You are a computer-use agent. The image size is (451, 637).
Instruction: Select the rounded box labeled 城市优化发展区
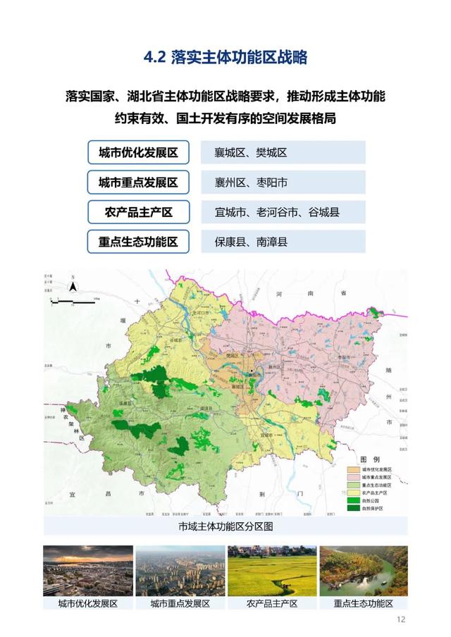coord(138,152)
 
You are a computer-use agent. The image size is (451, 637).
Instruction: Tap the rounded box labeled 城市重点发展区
coord(138,183)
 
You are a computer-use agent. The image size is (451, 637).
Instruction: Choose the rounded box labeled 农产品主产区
coord(138,212)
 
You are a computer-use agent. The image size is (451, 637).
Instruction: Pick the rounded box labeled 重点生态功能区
coord(138,242)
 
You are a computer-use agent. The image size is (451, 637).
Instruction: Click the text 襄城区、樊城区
coord(251,153)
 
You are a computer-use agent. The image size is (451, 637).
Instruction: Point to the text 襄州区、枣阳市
coord(251,183)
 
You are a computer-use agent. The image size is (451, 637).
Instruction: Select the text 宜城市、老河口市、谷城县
coord(277,212)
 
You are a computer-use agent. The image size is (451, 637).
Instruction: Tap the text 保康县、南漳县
coord(251,242)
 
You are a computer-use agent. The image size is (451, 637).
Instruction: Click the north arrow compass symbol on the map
coord(72,285)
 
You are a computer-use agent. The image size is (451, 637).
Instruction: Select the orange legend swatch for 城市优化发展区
coord(352,469)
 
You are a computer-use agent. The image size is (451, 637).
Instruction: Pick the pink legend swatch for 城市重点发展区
coord(352,477)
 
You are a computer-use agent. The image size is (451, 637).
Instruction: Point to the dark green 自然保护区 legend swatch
coord(352,508)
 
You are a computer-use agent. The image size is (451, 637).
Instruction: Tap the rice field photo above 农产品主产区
coord(271,571)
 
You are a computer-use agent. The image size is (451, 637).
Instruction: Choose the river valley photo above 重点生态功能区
coord(364,571)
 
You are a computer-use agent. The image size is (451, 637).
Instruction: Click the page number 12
coord(401,620)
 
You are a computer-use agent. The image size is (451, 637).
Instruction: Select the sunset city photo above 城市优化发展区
coord(87,571)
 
